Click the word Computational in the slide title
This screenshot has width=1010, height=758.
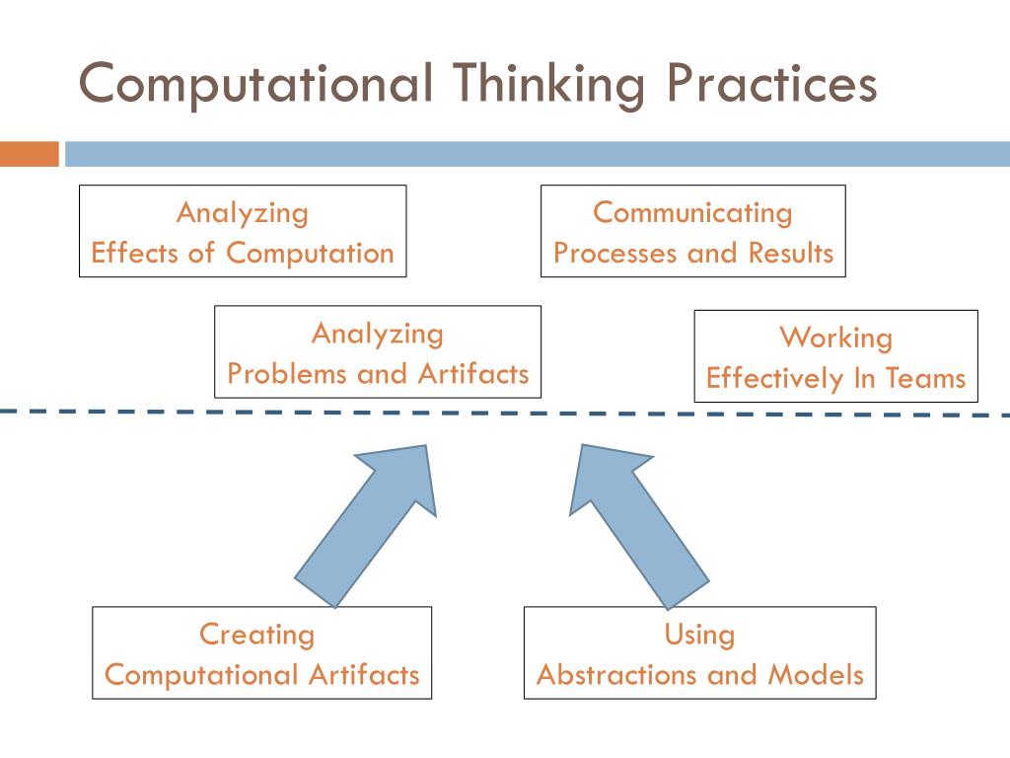255,84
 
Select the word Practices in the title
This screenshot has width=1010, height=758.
768,84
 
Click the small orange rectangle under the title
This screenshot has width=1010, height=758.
30,154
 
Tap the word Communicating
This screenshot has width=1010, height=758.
692,213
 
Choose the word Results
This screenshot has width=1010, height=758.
790,254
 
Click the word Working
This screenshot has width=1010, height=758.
836,339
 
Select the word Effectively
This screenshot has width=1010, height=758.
775,379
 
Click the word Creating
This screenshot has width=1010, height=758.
256,635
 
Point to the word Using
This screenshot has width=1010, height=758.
699,635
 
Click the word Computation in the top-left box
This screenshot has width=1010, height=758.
310,254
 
